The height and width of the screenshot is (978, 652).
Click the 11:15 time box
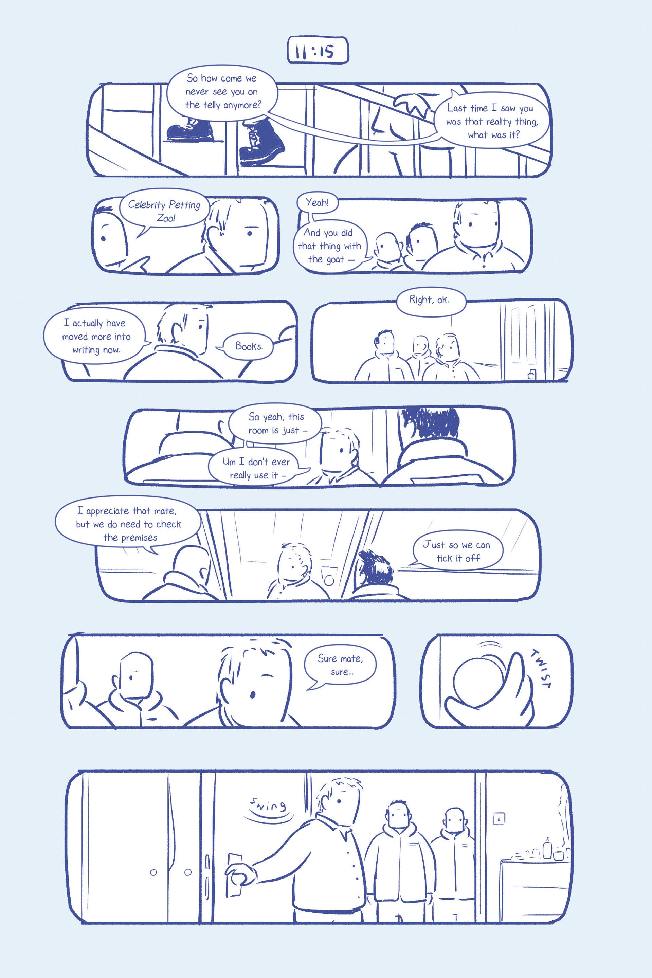[x=318, y=50]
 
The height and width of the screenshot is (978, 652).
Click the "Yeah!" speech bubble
[x=317, y=203]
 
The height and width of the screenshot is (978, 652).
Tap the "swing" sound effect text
[x=268, y=805]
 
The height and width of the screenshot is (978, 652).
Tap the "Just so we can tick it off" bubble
[x=456, y=551]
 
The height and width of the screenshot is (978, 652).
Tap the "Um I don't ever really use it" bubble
[x=258, y=468]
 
